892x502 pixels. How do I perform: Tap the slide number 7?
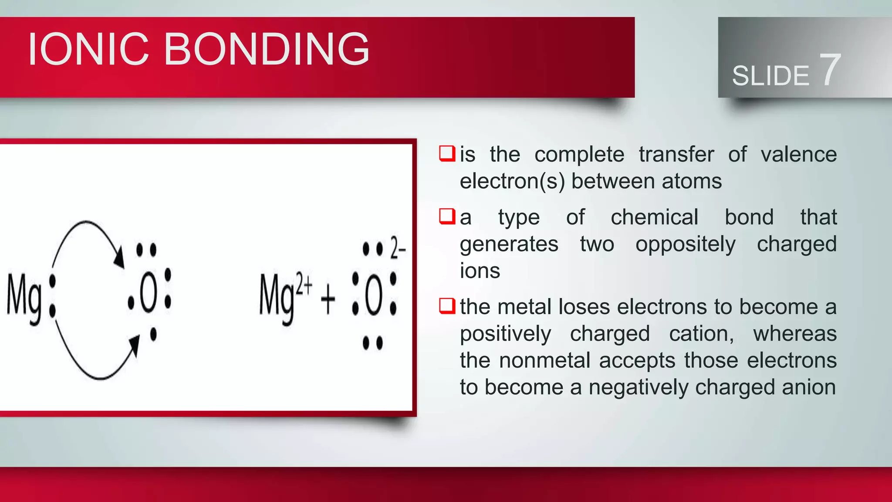tap(830, 70)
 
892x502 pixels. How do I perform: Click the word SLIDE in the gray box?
tap(770, 76)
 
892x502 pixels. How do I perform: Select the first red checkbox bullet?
tap(447, 154)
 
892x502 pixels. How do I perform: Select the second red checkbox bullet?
tap(447, 217)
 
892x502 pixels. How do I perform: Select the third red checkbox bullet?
tap(447, 306)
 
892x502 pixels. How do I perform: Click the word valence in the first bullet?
tap(798, 155)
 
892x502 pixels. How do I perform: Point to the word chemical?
tap(654, 217)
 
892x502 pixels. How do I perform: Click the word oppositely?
tap(685, 244)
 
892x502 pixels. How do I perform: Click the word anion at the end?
tap(809, 387)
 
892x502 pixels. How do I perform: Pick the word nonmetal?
tap(548, 361)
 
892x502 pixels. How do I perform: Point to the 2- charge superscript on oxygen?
tap(397, 248)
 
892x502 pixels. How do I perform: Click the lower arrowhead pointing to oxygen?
tap(135, 344)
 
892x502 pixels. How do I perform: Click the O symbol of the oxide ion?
tap(374, 296)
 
